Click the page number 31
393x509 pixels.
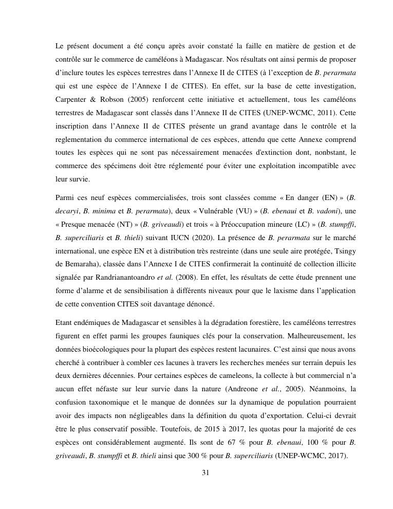205,473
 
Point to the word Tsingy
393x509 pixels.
344,251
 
